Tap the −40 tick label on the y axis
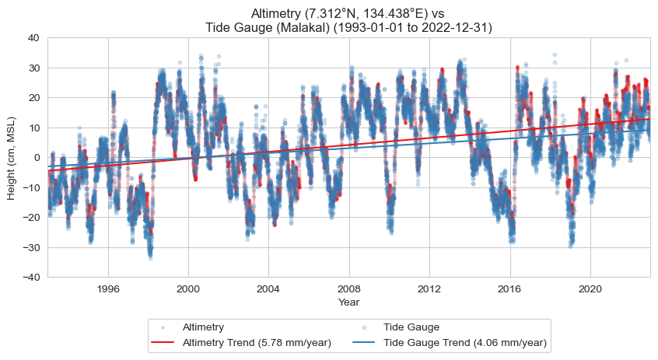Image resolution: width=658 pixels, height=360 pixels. coord(32,277)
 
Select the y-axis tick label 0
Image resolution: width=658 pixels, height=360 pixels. coord(37,157)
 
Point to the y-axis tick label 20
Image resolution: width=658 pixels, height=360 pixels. coord(35,97)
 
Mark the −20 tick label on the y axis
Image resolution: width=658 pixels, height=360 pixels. coord(32,217)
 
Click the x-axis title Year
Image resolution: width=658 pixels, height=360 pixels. coord(348,302)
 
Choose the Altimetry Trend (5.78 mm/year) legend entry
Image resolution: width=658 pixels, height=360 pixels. coord(257,342)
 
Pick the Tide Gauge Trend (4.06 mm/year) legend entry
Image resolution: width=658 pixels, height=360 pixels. coord(465,342)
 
